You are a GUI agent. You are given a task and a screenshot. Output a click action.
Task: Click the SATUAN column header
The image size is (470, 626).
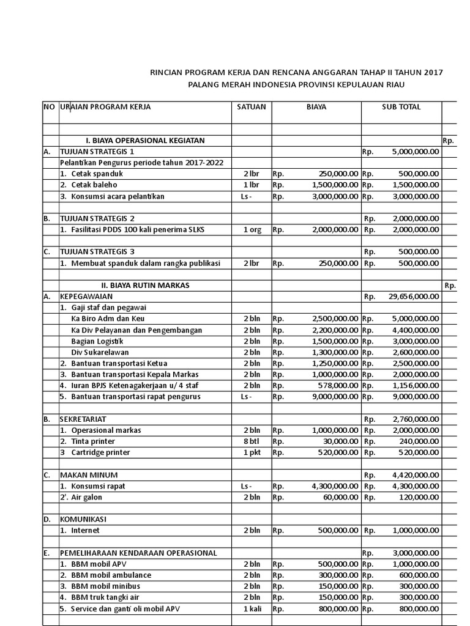click(x=252, y=107)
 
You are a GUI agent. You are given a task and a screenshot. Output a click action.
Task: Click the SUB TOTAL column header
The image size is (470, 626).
click(x=401, y=107)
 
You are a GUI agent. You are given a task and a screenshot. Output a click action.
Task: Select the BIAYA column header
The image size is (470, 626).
click(x=316, y=107)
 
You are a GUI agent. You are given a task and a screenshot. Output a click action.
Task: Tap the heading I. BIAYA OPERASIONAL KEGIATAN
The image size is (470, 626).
click(x=144, y=141)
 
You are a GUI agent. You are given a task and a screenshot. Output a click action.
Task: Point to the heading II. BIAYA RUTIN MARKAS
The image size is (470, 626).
click(x=146, y=285)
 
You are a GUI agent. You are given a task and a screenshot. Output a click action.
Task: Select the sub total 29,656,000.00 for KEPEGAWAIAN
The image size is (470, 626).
click(x=414, y=296)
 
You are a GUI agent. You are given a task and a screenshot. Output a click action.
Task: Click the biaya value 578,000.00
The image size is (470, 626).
click(x=335, y=385)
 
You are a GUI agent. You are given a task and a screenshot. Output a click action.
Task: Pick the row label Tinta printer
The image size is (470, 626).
click(x=93, y=441)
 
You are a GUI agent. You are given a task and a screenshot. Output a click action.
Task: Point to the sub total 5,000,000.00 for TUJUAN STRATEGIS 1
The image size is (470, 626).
click(x=415, y=152)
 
